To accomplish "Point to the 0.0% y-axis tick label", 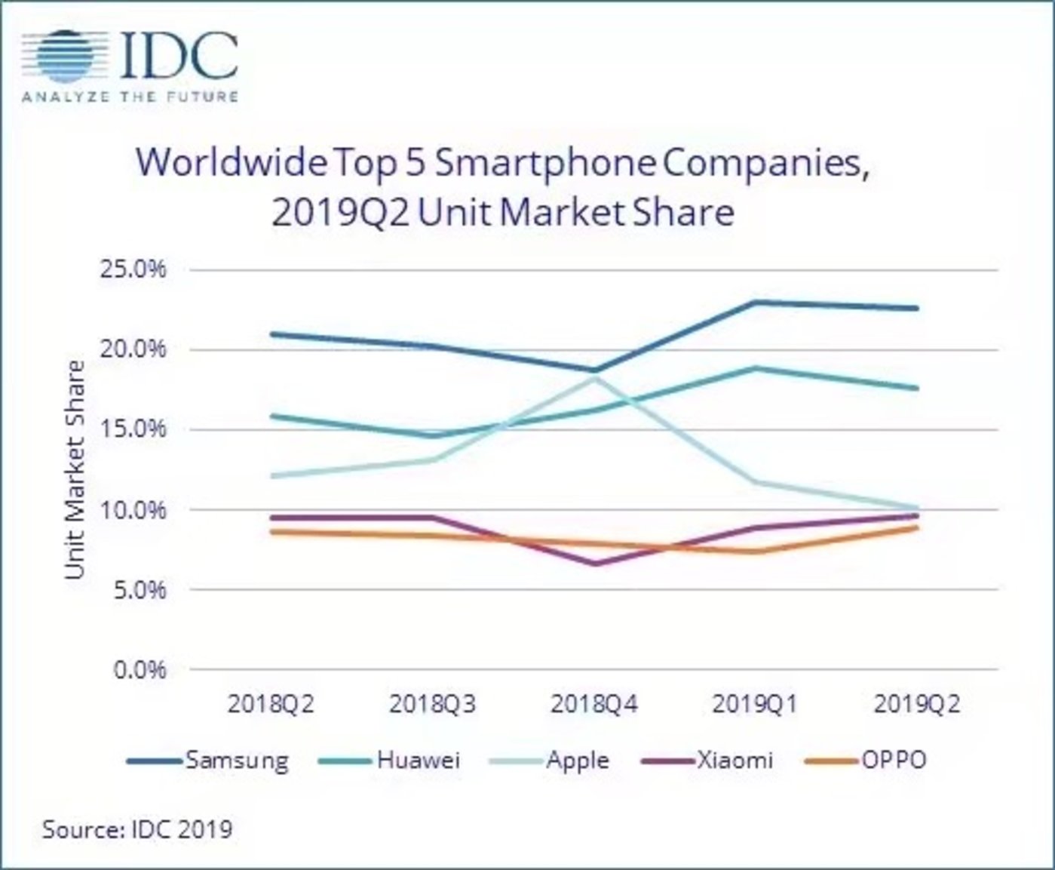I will pos(140,669).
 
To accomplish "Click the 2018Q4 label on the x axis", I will pos(594,704).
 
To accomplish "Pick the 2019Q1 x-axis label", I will pos(755,704).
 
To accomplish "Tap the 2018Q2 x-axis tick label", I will pos(271,704).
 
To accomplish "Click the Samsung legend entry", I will pos(236,759).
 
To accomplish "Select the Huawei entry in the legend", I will pos(419,759).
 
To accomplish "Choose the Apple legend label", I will pos(577,759).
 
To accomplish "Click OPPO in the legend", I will pos(894,759).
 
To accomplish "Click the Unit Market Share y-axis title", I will pos(75,469).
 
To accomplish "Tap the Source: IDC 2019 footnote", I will pos(137,829).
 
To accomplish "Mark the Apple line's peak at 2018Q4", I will pos(595,379).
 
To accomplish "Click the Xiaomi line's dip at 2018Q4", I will pos(595,564).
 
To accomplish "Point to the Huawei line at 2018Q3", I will pos(434,435).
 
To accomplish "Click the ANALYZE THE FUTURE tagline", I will pos(130,97).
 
